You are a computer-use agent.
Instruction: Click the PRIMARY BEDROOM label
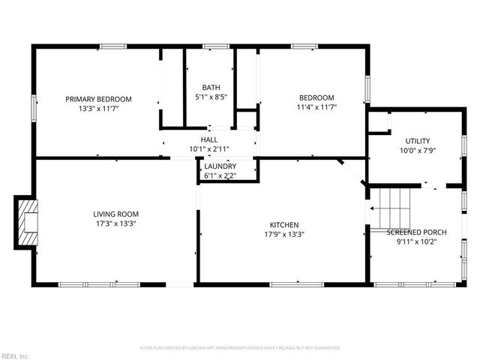click(98, 99)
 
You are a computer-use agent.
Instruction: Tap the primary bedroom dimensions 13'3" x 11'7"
click(98, 109)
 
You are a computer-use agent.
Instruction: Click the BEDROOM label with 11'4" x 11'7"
click(316, 98)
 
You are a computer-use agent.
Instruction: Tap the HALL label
click(208, 139)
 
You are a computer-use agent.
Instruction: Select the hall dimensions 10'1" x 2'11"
click(208, 148)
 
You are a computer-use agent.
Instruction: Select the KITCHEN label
click(284, 225)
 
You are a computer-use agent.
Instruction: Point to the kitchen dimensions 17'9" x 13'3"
click(284, 234)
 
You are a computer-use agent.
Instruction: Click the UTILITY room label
click(417, 141)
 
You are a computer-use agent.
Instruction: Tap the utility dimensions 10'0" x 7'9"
click(417, 151)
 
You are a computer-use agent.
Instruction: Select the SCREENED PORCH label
click(416, 232)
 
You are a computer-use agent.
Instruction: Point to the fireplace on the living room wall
click(27, 223)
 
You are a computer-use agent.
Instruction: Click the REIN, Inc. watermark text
click(15, 355)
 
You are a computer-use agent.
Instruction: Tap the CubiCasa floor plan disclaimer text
click(240, 348)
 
